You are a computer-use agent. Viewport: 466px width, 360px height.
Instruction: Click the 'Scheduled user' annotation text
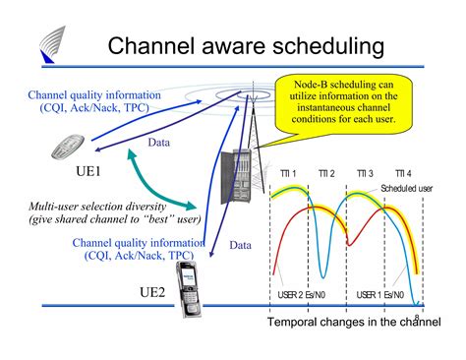[405, 191]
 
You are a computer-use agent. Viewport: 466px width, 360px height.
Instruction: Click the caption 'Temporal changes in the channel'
[348, 323]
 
